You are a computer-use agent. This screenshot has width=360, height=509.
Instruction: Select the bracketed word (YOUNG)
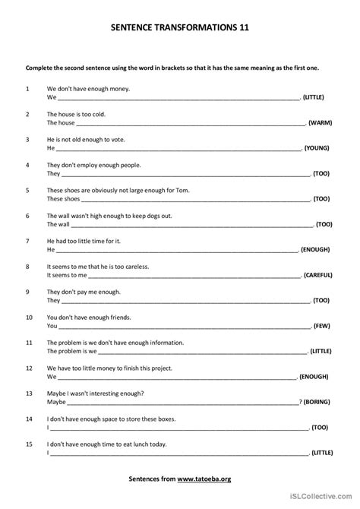point(316,148)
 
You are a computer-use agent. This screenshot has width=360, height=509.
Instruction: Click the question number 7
point(27,241)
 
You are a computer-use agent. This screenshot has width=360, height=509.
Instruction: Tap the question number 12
point(29,368)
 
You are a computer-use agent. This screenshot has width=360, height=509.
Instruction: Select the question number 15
point(29,444)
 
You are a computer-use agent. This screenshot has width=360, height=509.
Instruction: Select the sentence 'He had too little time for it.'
point(84,241)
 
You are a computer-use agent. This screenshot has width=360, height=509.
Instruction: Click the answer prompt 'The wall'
point(58,224)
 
